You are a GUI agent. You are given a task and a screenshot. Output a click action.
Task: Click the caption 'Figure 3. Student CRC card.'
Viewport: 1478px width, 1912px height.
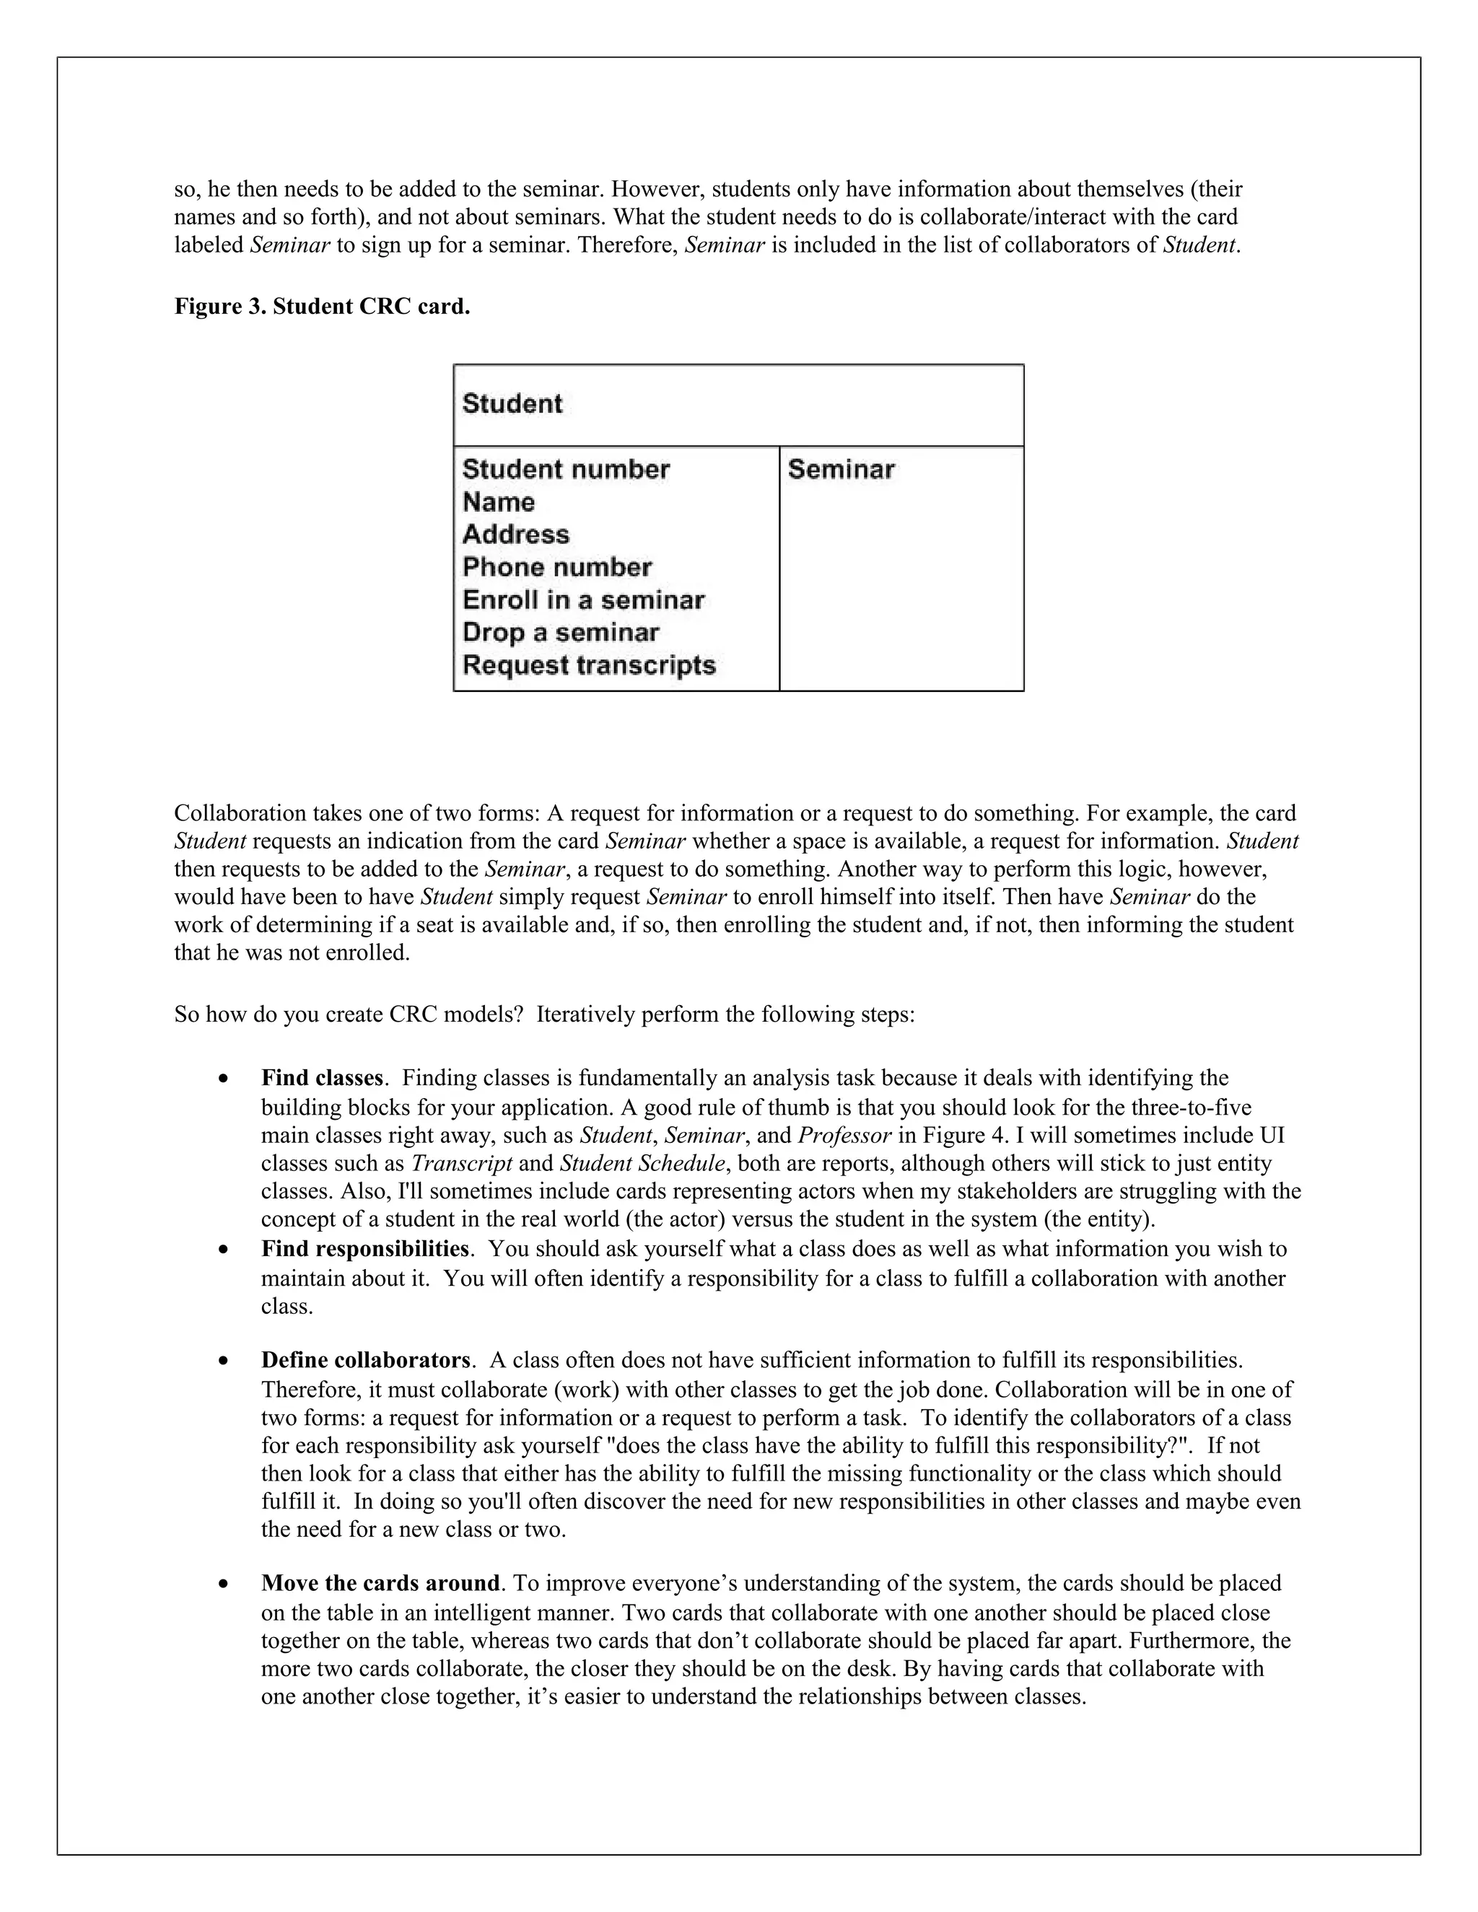pyautogui.click(x=321, y=307)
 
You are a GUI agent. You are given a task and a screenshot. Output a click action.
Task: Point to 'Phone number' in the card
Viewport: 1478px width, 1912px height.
pyautogui.click(x=557, y=567)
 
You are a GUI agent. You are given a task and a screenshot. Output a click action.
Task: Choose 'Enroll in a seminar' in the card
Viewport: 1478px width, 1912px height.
pyautogui.click(x=583, y=600)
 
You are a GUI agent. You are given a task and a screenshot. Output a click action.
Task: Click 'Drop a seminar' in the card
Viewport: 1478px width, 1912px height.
pyautogui.click(x=560, y=632)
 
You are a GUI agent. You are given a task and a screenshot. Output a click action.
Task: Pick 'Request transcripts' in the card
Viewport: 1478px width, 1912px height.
pyautogui.click(x=588, y=665)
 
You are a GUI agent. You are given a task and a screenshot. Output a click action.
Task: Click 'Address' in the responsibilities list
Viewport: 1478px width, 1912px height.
pyautogui.click(x=516, y=534)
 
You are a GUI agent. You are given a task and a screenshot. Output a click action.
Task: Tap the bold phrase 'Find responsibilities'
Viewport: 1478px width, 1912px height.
pyautogui.click(x=365, y=1248)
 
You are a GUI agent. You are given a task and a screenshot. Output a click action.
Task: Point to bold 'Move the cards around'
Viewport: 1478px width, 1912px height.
pyautogui.click(x=380, y=1583)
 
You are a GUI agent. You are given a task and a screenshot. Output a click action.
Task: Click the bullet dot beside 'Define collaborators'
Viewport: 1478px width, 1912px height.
pyautogui.click(x=226, y=1361)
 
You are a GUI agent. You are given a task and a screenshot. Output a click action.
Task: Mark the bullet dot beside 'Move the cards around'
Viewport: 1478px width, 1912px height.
pyautogui.click(x=226, y=1584)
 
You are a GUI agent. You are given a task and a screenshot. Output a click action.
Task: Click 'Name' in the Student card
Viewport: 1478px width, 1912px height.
pyautogui.click(x=498, y=501)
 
